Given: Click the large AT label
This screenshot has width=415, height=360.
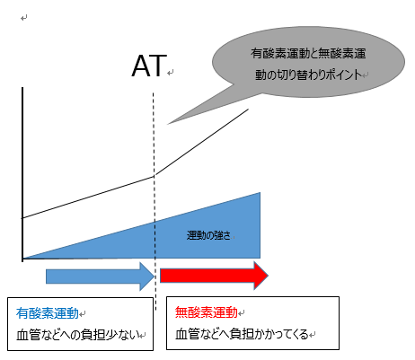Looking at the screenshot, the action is [149, 66].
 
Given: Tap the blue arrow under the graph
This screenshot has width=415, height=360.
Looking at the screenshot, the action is [100, 277].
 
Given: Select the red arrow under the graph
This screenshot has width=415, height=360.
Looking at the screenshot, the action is [214, 276].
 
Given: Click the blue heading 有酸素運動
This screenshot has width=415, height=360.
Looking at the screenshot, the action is [48, 313].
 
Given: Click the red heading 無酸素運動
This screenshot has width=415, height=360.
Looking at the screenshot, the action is [207, 312].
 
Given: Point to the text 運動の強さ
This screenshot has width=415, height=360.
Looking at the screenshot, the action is [208, 235].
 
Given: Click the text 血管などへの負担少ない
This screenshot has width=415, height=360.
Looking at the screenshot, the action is [78, 335].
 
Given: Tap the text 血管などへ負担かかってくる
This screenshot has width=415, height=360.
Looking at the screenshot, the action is [242, 334].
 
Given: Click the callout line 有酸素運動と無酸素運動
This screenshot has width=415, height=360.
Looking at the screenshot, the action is [308, 53].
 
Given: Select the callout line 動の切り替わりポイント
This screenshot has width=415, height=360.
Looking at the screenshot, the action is [308, 75].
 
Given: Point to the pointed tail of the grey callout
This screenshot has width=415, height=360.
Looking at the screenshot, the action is [168, 124].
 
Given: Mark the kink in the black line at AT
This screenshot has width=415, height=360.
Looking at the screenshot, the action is [155, 176].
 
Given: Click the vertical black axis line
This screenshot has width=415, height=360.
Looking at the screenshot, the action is [22, 174].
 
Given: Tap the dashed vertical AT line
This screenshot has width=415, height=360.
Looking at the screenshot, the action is [155, 201].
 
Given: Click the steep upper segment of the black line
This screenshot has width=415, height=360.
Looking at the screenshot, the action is [201, 143].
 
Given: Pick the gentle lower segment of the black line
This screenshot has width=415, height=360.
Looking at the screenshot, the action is [88, 198].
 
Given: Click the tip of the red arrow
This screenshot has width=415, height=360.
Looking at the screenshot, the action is [268, 276].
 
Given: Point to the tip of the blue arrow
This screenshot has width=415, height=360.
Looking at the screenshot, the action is [155, 277].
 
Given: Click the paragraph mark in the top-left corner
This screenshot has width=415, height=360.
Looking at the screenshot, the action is [24, 18].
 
